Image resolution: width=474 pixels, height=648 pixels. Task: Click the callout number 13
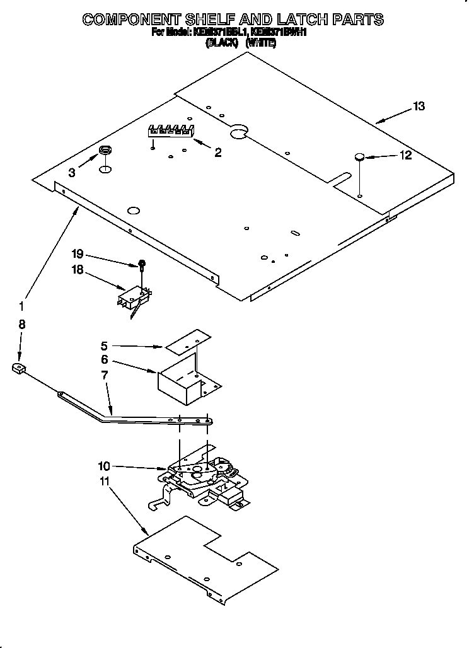419,107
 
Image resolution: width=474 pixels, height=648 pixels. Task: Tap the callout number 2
217,152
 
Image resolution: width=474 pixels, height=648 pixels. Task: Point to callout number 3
72,172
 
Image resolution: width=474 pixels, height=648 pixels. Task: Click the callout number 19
78,254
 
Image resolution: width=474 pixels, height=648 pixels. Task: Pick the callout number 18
78,270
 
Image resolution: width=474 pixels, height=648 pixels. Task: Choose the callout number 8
22,325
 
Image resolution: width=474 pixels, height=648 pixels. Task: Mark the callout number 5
105,345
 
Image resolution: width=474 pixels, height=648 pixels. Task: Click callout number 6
105,360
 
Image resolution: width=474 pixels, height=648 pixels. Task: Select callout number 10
104,466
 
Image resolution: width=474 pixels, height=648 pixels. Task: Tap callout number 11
104,481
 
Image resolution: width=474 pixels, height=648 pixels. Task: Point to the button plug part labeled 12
359,157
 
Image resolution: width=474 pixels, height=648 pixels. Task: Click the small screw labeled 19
143,264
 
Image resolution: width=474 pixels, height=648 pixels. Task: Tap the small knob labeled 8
19,369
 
